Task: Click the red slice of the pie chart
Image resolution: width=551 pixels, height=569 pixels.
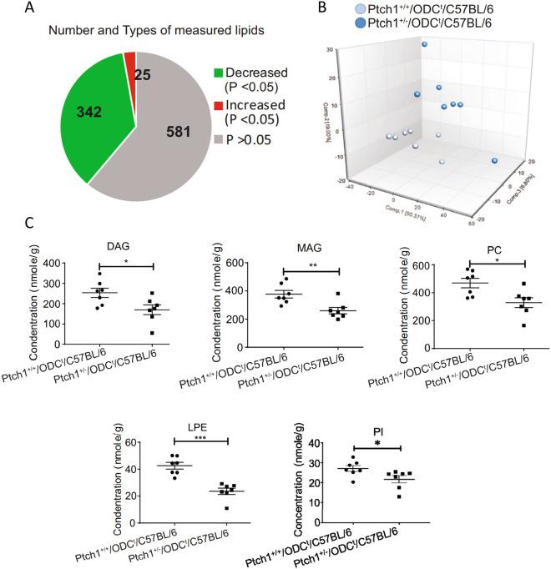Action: tap(129, 59)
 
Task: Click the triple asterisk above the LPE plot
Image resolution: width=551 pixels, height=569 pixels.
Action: tap(200, 437)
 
